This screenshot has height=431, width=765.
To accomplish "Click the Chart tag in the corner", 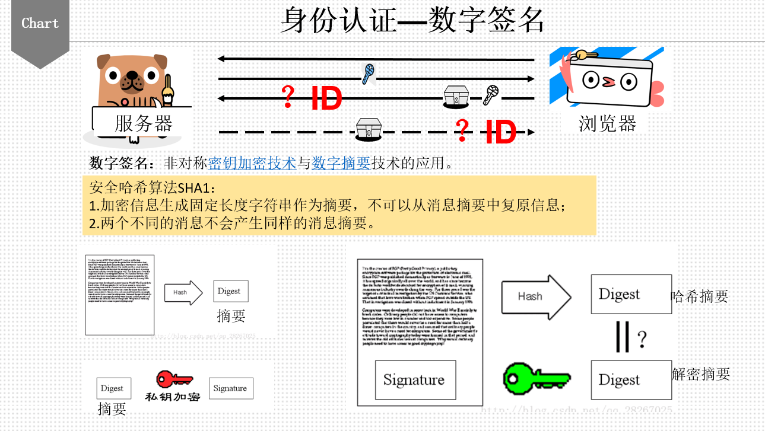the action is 40,24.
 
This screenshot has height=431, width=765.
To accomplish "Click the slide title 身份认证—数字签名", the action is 412,21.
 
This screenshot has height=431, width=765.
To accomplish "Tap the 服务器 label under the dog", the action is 143,123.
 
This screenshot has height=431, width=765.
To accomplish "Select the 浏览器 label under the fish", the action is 607,123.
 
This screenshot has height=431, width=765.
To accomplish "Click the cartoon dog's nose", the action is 132,78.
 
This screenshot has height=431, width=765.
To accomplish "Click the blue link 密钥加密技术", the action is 252,163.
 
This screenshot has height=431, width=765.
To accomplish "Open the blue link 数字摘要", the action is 341,163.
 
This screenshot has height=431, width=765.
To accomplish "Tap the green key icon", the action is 536,378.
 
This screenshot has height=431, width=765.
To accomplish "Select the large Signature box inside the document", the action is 415,380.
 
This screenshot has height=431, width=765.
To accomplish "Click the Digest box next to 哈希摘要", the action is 630,294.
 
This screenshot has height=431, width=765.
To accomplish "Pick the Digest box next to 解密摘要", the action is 630,380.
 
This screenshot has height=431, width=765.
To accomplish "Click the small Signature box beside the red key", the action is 230,388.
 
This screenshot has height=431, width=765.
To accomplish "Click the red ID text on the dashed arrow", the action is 500,132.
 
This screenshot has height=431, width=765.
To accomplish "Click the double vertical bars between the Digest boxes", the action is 623,337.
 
